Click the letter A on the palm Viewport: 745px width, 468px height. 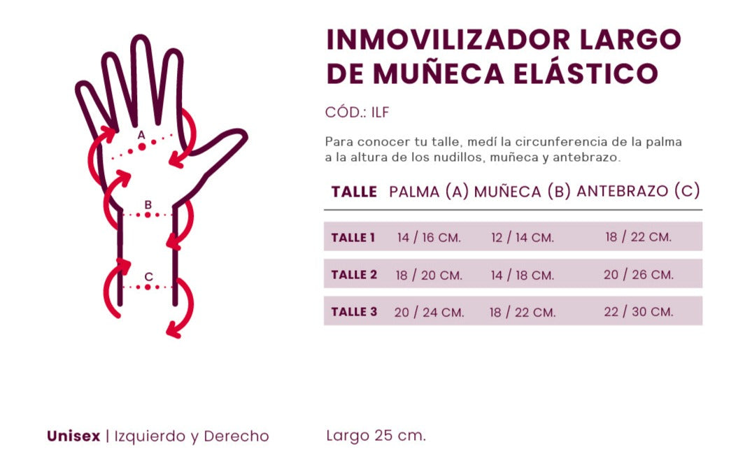(141, 134)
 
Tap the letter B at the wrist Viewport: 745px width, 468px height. (148, 205)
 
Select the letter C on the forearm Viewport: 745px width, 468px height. (148, 277)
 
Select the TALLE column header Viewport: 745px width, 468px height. (354, 192)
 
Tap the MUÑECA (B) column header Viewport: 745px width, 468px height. (523, 192)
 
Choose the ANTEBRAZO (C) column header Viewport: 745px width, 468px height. (638, 191)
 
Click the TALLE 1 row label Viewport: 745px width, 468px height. (353, 238)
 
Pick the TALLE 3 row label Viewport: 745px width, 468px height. (354, 312)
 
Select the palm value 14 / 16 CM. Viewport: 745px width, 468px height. (429, 238)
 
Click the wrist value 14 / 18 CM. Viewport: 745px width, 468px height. (523, 276)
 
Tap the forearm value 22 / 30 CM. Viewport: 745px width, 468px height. (639, 312)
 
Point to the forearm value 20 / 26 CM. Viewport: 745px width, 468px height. (639, 275)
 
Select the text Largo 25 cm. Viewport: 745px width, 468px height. (376, 436)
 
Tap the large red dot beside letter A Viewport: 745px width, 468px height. (142, 147)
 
